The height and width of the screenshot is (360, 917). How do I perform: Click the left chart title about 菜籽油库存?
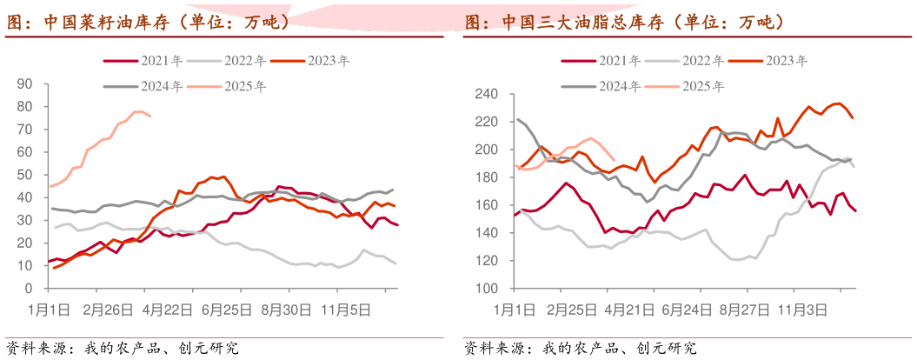[149, 23]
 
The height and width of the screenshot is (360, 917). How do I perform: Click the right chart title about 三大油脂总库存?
[625, 23]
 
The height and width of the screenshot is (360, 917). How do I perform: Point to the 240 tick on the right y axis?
[484, 94]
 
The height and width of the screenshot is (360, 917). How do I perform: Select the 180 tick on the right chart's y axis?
[484, 177]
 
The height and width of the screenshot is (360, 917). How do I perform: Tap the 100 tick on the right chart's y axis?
[484, 288]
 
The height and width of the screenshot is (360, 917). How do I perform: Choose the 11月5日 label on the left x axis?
[344, 308]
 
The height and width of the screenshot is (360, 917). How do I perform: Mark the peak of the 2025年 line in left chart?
[138, 110]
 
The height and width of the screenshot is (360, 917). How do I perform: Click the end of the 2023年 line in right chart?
[854, 117]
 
